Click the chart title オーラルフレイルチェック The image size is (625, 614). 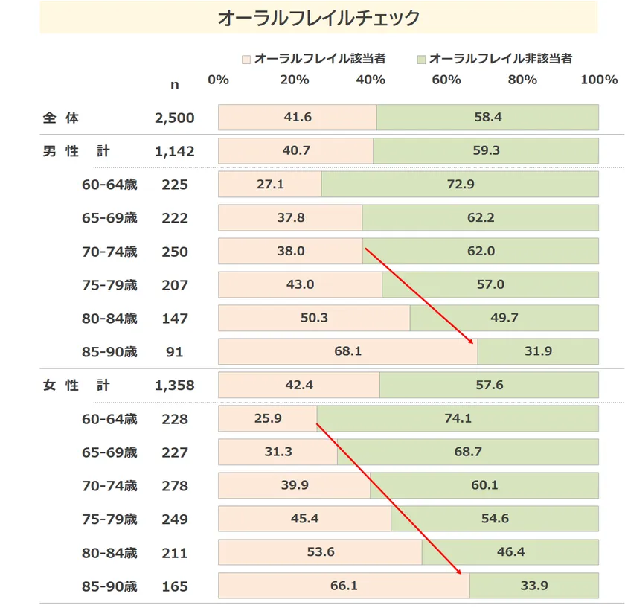pyautogui.click(x=318, y=18)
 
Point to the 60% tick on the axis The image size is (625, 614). pyautogui.click(x=446, y=80)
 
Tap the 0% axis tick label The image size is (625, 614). pyautogui.click(x=218, y=80)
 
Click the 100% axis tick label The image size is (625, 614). pyautogui.click(x=599, y=80)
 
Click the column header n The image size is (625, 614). pyautogui.click(x=175, y=85)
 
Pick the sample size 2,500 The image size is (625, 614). pyautogui.click(x=175, y=118)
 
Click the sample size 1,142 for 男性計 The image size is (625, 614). pyautogui.click(x=175, y=151)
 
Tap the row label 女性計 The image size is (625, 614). pyautogui.click(x=77, y=386)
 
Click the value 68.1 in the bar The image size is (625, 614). pyautogui.click(x=347, y=351)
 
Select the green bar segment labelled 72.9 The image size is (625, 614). pyautogui.click(x=460, y=185)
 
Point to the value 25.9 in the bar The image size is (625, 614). pyautogui.click(x=268, y=418)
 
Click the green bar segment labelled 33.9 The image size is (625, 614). pyautogui.click(x=533, y=586)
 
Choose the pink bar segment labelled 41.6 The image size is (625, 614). pyautogui.click(x=298, y=118)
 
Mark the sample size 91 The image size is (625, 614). pyautogui.click(x=175, y=352)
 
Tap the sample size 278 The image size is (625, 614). pyautogui.click(x=175, y=486)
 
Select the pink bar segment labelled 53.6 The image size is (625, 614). pyautogui.click(x=320, y=552)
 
